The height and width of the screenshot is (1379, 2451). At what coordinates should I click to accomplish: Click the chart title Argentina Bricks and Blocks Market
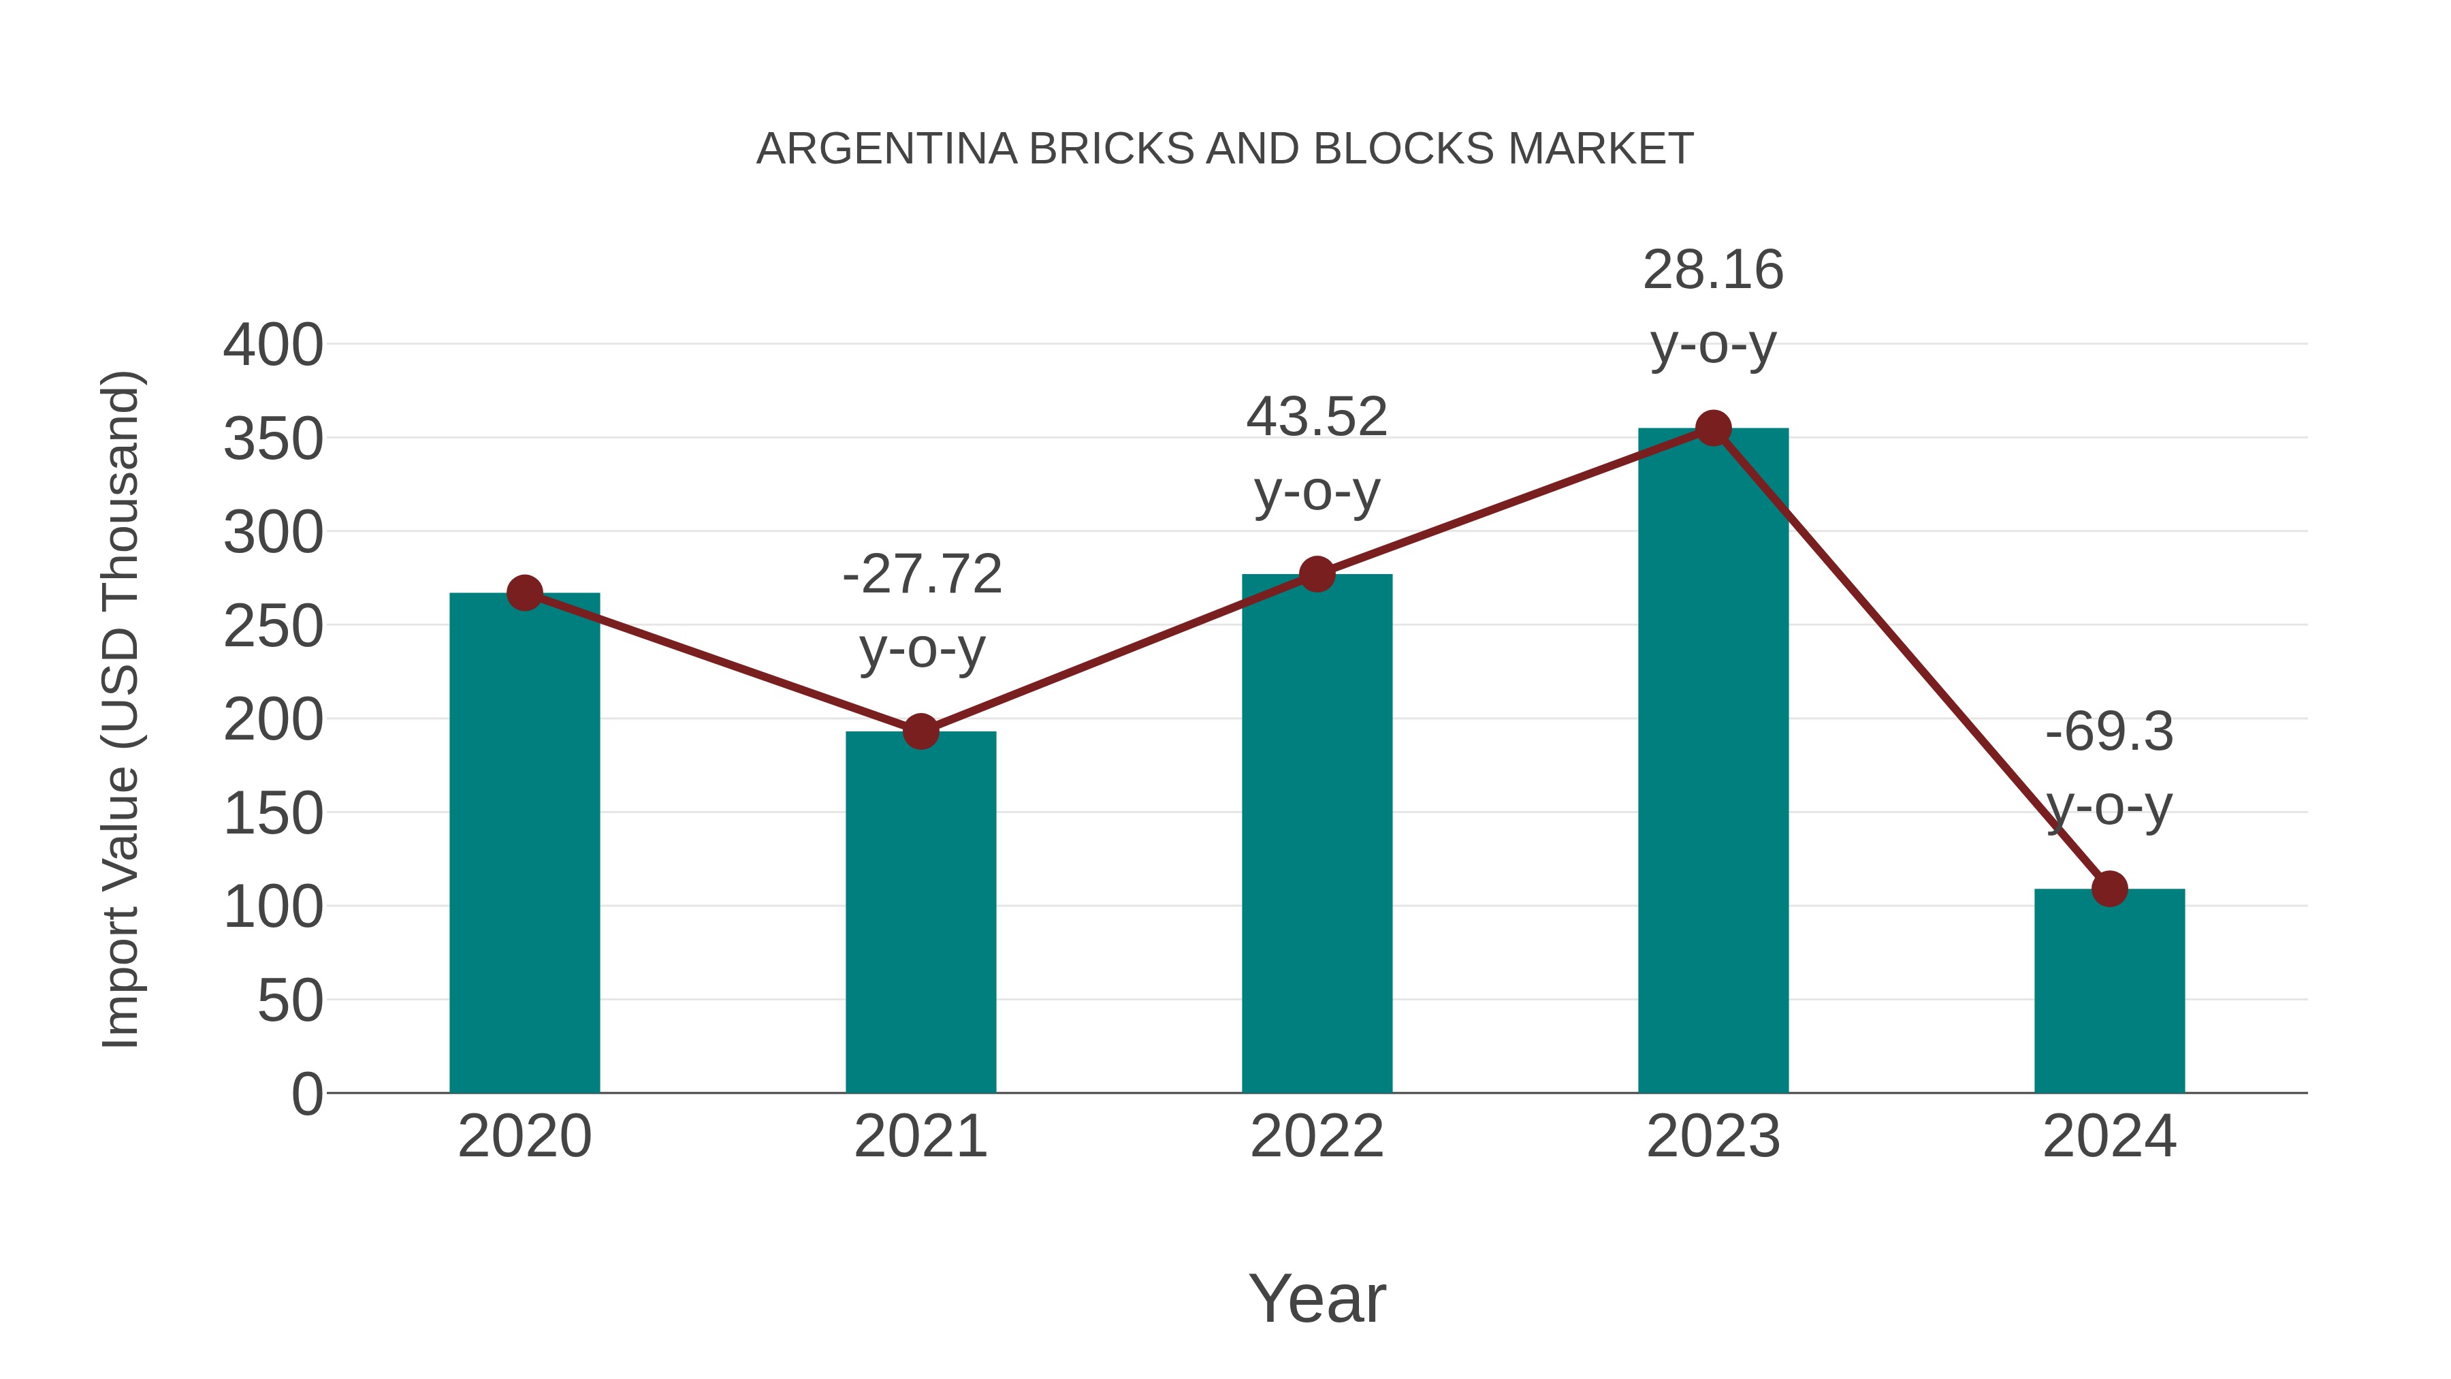pyautogui.click(x=1225, y=149)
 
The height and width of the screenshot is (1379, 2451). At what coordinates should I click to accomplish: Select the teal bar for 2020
pyautogui.click(x=524, y=847)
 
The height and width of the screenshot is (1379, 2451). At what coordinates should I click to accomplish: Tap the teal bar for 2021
pyautogui.click(x=920, y=914)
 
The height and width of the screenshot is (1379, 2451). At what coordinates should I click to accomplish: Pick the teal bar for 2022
pyautogui.click(x=1317, y=838)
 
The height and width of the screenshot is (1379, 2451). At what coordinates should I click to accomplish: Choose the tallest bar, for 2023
pyautogui.click(x=1713, y=761)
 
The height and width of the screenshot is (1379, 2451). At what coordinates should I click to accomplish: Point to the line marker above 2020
pyautogui.click(x=524, y=593)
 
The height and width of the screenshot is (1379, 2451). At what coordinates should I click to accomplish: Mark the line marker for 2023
pyautogui.click(x=1713, y=428)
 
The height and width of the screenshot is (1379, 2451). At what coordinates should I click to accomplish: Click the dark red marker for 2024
pyautogui.click(x=2109, y=889)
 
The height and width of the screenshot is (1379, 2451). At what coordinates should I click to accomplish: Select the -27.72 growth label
pyautogui.click(x=922, y=574)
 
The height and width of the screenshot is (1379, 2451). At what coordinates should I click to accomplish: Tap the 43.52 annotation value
pyautogui.click(x=1317, y=417)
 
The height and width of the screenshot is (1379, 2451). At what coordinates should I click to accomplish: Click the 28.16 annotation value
pyautogui.click(x=1713, y=270)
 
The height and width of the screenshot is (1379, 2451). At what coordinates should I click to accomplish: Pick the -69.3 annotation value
pyautogui.click(x=2109, y=733)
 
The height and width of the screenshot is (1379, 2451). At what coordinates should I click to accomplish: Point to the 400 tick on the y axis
pyautogui.click(x=273, y=345)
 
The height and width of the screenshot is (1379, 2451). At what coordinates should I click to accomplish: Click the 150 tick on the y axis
pyautogui.click(x=273, y=814)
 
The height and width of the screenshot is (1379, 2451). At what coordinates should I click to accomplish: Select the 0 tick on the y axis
pyautogui.click(x=306, y=1094)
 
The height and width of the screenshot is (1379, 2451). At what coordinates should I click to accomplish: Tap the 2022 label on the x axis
pyautogui.click(x=1317, y=1137)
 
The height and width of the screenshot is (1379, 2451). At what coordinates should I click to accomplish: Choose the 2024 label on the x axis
pyautogui.click(x=2109, y=1137)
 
